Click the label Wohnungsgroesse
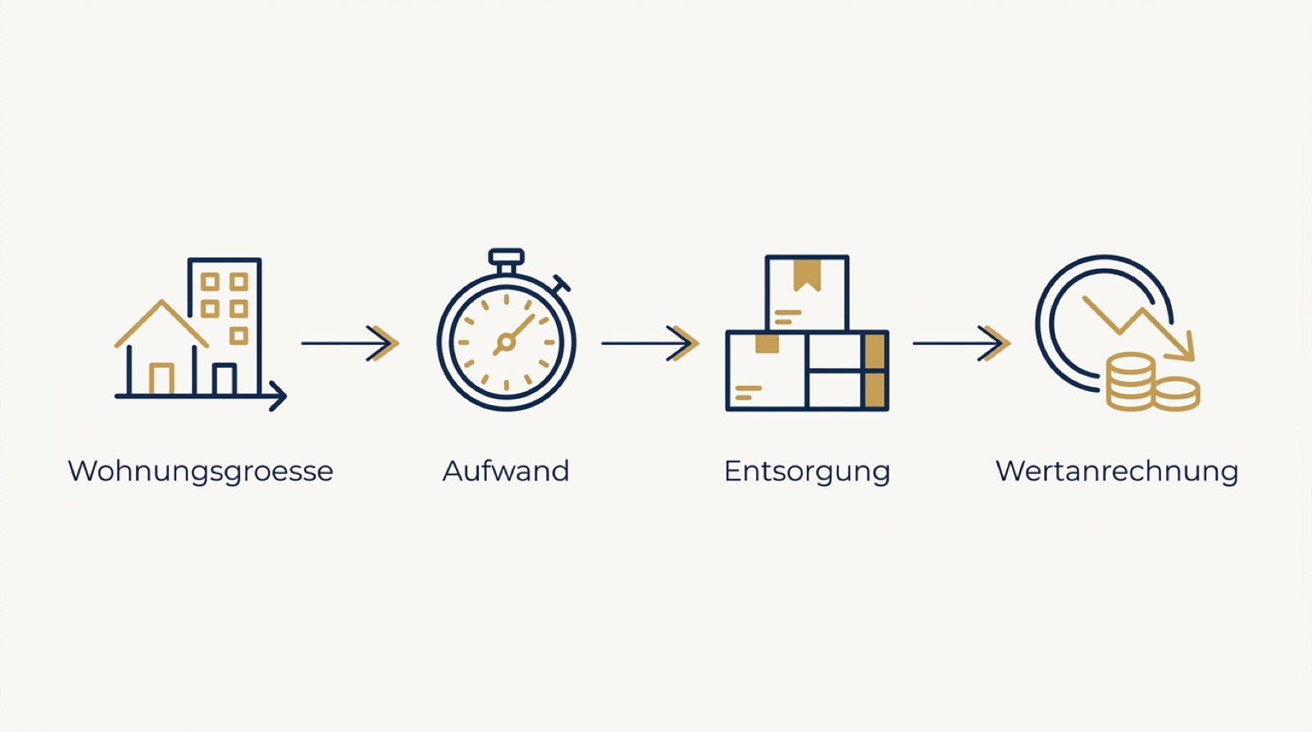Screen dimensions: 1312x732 click(200, 471)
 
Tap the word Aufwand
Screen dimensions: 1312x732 click(506, 471)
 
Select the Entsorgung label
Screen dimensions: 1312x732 click(807, 471)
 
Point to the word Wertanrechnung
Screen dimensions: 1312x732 click(1117, 471)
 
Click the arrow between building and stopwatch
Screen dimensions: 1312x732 click(350, 343)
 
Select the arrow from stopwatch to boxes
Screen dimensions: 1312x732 click(650, 343)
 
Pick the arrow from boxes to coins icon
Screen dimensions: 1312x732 click(962, 343)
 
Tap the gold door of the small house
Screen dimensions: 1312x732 click(161, 379)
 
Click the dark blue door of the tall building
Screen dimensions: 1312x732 click(225, 380)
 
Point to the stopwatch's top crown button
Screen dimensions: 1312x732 click(506, 257)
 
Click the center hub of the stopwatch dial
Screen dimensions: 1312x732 click(505, 342)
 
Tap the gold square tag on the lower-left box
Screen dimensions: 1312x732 click(767, 343)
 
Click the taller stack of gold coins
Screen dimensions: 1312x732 click(1131, 381)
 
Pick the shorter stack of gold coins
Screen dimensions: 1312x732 click(1178, 393)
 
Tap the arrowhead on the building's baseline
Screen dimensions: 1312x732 click(279, 397)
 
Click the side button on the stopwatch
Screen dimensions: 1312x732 click(561, 284)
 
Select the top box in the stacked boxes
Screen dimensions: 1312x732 click(807, 293)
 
